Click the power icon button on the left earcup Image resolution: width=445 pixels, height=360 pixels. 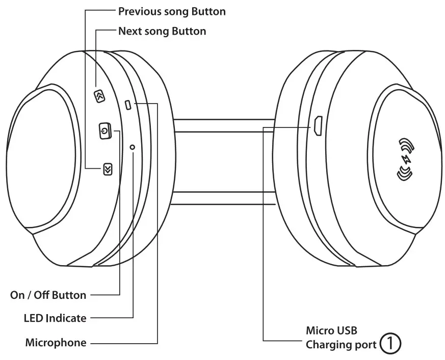pos(104,131)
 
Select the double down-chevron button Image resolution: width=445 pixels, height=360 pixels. pos(107,169)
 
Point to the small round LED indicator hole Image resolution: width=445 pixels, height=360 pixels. pos(133,147)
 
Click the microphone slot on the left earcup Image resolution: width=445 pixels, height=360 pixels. pos(128,105)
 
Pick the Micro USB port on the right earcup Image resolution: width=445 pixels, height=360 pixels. pos(317,125)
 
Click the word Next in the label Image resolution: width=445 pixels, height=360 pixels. pos(129,31)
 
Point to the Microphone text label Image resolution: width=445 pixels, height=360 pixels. pos(56,343)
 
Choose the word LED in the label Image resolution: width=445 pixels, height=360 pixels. pos(34,318)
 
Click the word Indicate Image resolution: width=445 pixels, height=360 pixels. pos(66,318)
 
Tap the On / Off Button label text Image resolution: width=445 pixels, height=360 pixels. pos(48,295)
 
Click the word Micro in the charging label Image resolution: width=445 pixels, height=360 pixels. pos(320,330)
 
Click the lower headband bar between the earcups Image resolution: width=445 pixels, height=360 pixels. pos(224,198)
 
